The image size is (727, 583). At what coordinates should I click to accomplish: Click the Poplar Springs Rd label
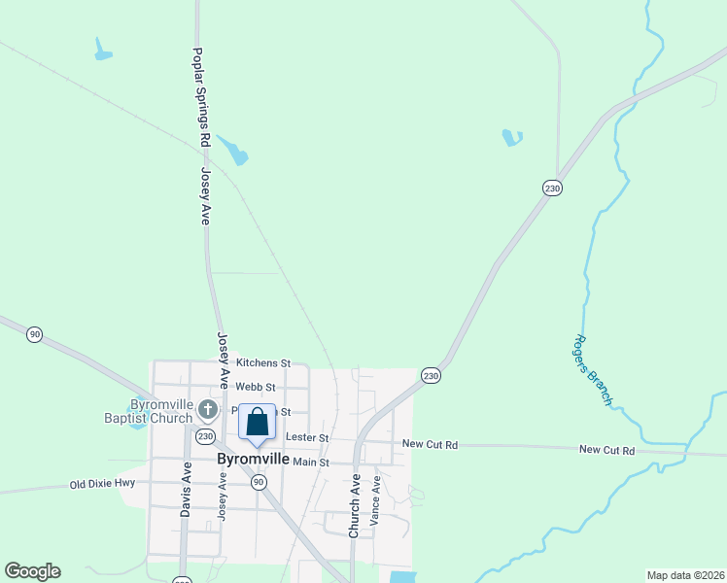(x=202, y=98)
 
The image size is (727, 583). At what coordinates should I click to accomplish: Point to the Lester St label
(x=307, y=438)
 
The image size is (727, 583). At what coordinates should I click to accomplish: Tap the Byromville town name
(x=253, y=459)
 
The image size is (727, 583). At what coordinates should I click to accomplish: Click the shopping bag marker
(x=257, y=424)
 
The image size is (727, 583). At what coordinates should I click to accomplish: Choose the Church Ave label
(x=355, y=505)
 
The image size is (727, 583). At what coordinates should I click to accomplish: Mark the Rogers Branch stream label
(x=592, y=370)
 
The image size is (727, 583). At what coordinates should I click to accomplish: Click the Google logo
(x=32, y=571)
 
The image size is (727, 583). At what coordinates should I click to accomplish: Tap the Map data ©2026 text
(x=684, y=575)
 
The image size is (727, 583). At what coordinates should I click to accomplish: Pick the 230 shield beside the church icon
(x=205, y=437)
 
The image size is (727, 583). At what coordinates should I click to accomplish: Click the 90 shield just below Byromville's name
(x=258, y=482)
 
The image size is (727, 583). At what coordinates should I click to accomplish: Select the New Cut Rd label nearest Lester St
(x=430, y=444)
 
